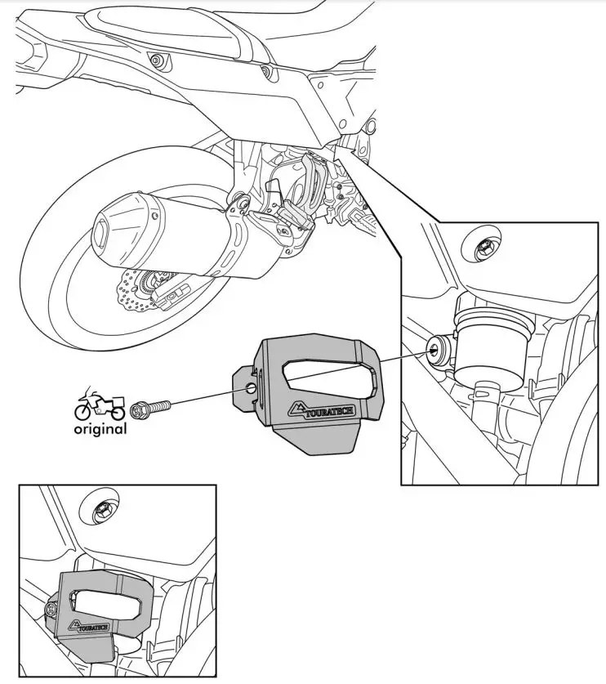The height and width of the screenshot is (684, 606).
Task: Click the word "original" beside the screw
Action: coord(100,428)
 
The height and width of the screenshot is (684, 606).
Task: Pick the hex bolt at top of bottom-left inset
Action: coord(102,507)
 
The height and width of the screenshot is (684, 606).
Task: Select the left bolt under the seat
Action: coord(155,60)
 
